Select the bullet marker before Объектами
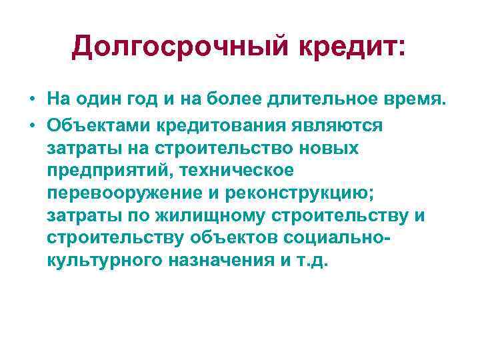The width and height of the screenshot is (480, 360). click(32, 125)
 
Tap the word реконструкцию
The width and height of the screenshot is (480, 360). click(300, 193)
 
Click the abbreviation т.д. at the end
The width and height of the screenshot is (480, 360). click(314, 261)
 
